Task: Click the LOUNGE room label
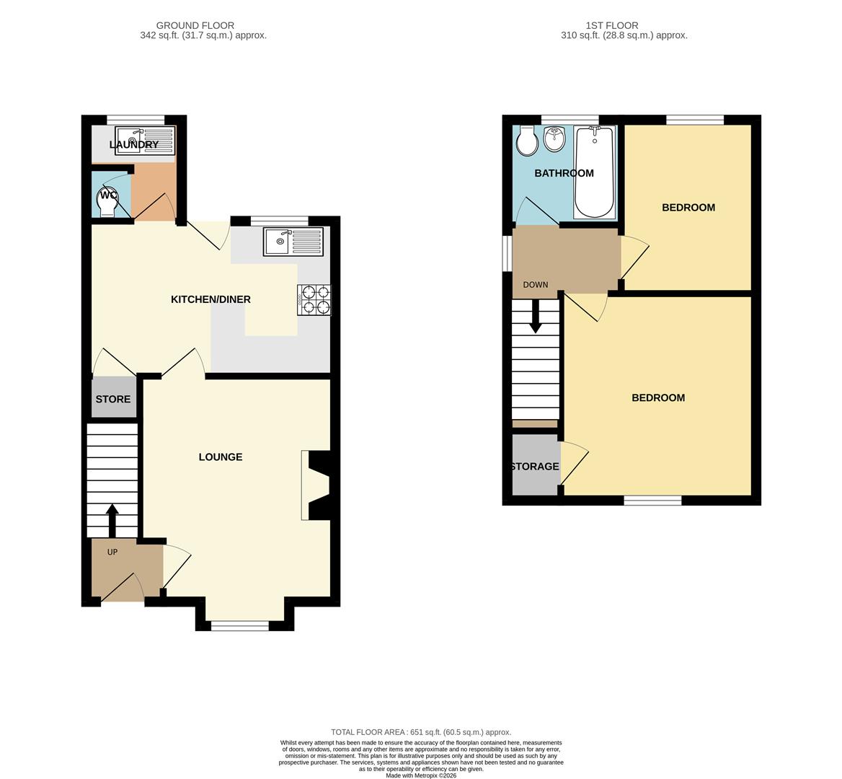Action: tap(221, 457)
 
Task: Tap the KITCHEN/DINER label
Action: tap(211, 299)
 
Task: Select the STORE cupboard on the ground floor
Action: tap(113, 399)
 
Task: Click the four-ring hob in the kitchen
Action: tap(314, 300)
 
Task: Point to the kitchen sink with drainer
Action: tap(293, 242)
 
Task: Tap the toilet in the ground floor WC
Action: tap(107, 201)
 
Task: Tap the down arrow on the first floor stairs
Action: tap(535, 316)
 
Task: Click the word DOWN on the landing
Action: tap(535, 285)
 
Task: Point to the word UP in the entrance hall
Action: tap(112, 553)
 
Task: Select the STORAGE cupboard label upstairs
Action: tap(534, 467)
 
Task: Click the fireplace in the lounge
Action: tap(317, 485)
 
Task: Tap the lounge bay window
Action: tap(240, 625)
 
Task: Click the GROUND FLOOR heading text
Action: tap(195, 25)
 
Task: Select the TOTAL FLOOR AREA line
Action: tap(420, 732)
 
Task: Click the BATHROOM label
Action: tap(564, 173)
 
